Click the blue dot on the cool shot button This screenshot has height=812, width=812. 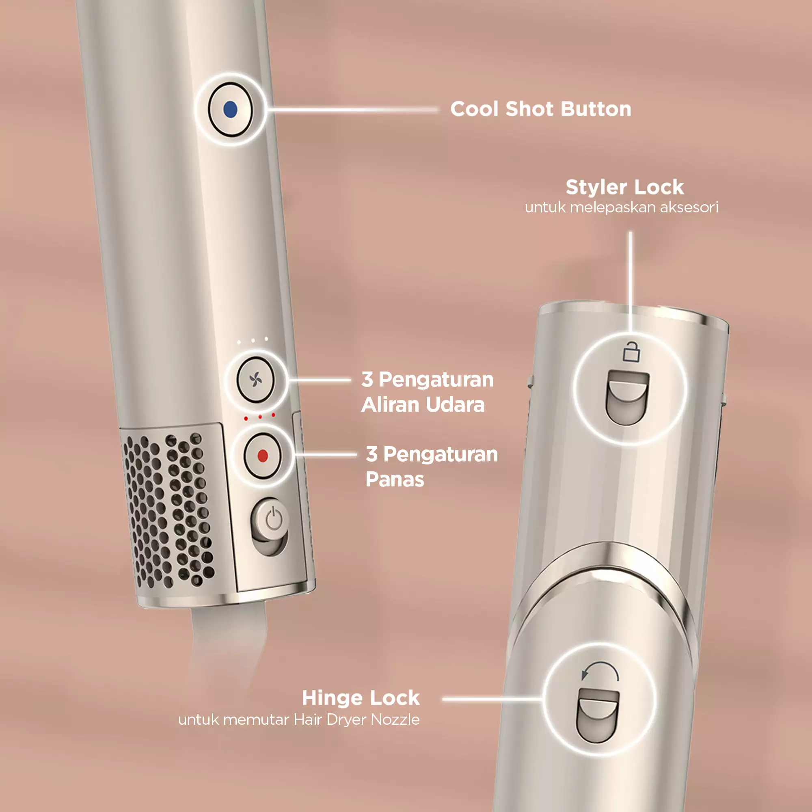click(x=230, y=110)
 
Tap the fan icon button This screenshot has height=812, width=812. click(x=255, y=380)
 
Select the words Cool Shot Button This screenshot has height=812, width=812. click(x=540, y=109)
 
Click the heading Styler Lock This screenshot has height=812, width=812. click(x=624, y=188)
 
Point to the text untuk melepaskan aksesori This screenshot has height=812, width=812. click(x=621, y=207)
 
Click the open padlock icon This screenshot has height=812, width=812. click(x=631, y=352)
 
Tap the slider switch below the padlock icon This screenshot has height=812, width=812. click(x=628, y=397)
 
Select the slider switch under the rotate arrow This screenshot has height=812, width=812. click(x=598, y=715)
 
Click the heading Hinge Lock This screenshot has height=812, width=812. click(x=361, y=698)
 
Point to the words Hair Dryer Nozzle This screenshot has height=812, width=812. click(x=356, y=719)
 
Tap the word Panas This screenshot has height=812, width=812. click(x=395, y=479)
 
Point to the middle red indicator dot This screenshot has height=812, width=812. click(x=260, y=417)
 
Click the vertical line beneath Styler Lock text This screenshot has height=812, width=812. click(x=631, y=277)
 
